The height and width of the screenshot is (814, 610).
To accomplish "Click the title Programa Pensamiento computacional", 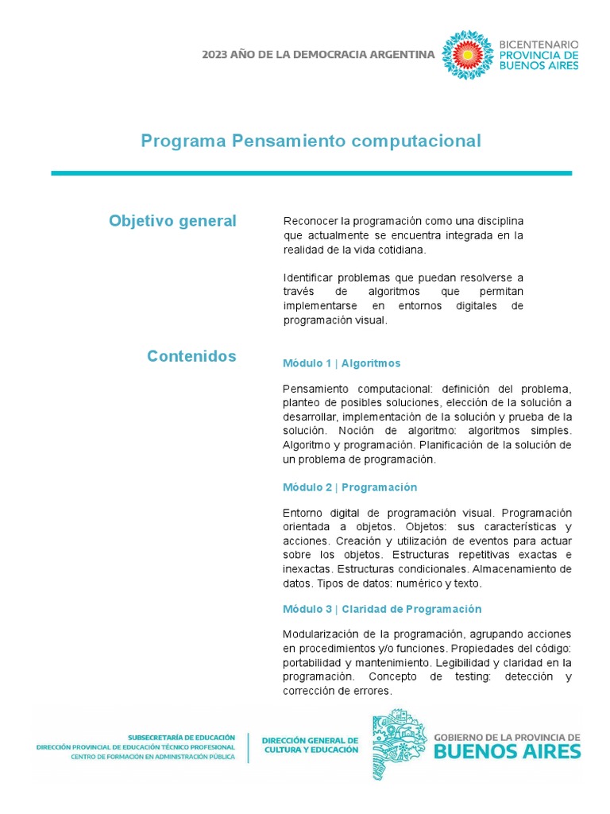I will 311,141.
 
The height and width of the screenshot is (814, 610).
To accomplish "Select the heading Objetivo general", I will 172,221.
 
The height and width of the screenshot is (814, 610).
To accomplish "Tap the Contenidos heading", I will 191,356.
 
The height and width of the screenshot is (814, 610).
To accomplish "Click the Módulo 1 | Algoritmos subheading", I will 342,363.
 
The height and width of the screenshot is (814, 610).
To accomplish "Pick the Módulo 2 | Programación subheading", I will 349,487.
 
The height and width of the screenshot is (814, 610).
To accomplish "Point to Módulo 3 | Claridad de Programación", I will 382,609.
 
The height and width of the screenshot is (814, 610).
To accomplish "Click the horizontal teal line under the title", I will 311,172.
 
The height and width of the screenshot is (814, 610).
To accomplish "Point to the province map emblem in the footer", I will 400,743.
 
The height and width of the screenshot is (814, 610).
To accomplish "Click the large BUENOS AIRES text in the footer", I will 507,751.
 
